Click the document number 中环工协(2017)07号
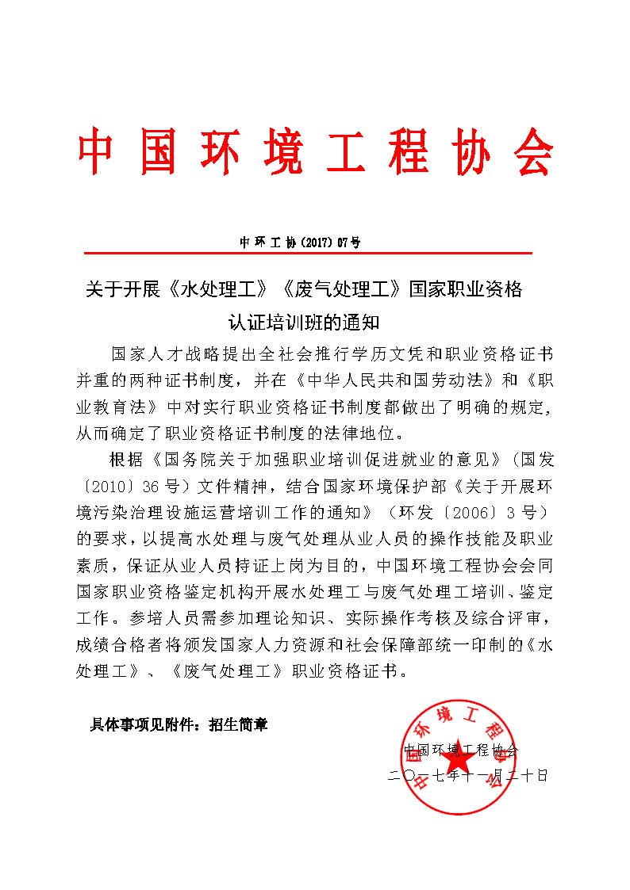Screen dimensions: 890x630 pos(300,242)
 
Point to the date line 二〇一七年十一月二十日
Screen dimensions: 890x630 pos(467,775)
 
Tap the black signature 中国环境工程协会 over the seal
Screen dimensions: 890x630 pos(461,750)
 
